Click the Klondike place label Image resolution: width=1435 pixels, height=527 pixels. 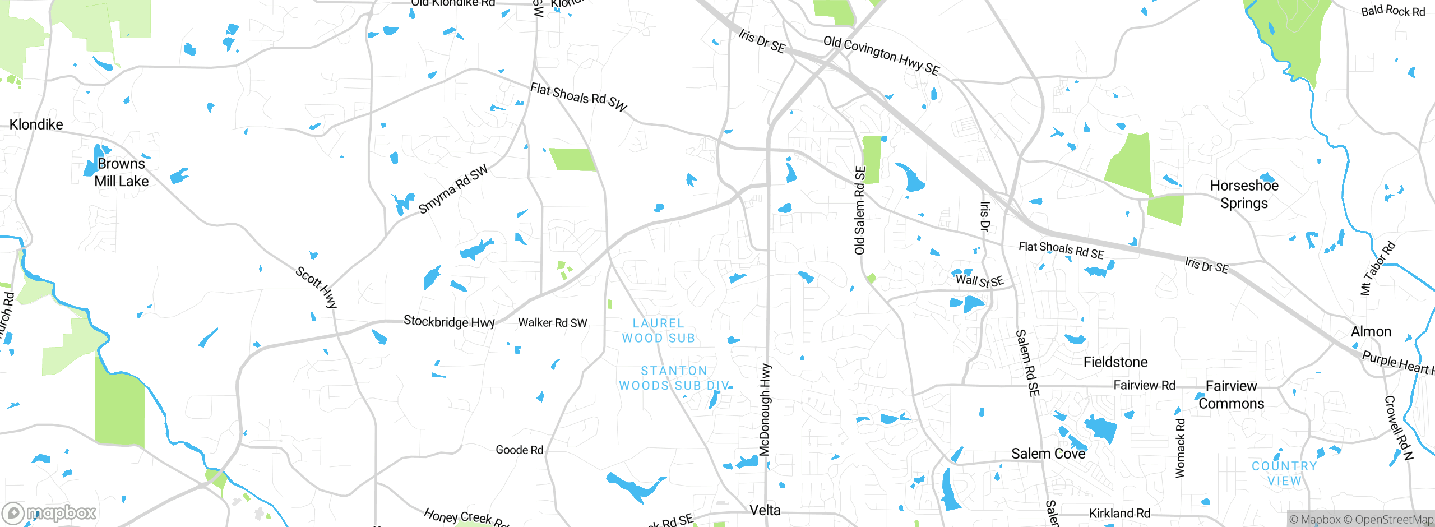tap(36, 124)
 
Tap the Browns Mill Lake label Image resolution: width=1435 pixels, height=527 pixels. tap(121, 173)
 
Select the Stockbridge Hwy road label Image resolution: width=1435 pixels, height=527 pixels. tap(449, 322)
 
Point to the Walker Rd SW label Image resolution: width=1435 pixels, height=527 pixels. tap(552, 323)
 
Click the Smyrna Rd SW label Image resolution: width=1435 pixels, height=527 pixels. tap(453, 189)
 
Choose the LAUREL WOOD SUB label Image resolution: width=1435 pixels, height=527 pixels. tap(658, 331)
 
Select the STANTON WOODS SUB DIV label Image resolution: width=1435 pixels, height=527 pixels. tap(674, 378)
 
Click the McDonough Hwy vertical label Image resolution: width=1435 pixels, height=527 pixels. tap(765, 409)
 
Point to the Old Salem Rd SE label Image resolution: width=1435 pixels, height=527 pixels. tap(859, 210)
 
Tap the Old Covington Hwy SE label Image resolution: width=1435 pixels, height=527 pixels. tap(881, 55)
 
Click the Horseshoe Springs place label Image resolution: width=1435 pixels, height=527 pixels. tap(1244, 195)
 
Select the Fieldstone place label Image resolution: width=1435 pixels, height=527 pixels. tap(1115, 362)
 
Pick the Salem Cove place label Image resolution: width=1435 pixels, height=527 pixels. tap(1048, 454)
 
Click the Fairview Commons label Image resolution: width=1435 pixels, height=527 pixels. tap(1231, 395)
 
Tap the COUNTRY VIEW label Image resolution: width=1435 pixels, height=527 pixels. tap(1284, 473)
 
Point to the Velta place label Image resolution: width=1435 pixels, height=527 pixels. tap(765, 510)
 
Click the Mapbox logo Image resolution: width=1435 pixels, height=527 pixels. tap(49, 512)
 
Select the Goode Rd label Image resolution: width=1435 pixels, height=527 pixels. tap(519, 450)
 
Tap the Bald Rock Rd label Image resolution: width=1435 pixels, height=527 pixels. tap(1392, 11)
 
